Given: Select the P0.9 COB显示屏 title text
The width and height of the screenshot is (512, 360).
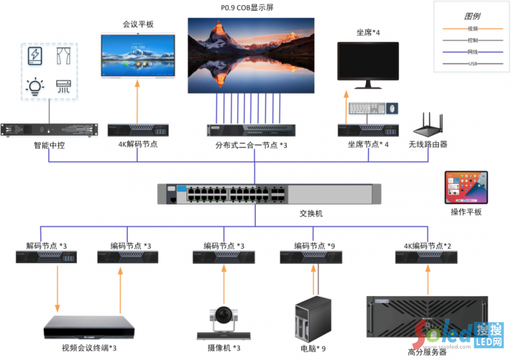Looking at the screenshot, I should point(252,8).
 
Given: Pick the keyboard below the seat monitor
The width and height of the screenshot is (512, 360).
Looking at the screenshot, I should point(366,109).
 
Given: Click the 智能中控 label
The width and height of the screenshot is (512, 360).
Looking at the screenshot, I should point(49,145).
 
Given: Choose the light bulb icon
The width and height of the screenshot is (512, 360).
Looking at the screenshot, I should point(34,86).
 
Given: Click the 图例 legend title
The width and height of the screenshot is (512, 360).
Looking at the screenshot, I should point(472,16).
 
